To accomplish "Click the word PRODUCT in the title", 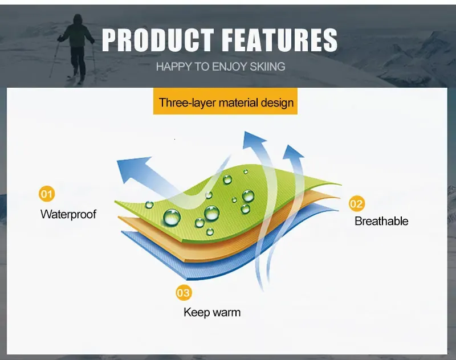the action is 158,40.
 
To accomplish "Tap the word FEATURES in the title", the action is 281,40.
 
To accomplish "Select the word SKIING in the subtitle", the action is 267,67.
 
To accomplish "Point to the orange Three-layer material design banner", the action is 225,101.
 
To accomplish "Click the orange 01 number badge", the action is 47,194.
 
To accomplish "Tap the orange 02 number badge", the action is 357,204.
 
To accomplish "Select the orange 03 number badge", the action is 184,293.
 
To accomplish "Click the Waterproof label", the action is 68,214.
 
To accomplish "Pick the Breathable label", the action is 381,221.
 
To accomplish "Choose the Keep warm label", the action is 212,313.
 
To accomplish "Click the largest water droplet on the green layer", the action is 172,218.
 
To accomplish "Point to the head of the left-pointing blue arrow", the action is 132,169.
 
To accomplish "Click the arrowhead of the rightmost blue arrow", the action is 292,152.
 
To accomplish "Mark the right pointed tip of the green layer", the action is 341,185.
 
